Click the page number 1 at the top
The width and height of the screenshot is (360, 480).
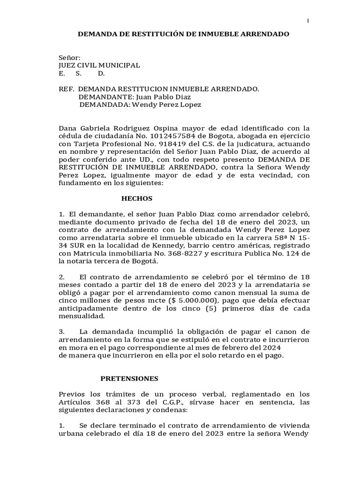[x=308, y=21]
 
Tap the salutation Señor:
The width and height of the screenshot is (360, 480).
[x=69, y=57]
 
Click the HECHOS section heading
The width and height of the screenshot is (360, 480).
[x=137, y=199]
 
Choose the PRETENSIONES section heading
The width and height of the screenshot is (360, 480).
[x=130, y=378]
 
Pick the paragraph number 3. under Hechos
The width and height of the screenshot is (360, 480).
[x=62, y=331]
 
